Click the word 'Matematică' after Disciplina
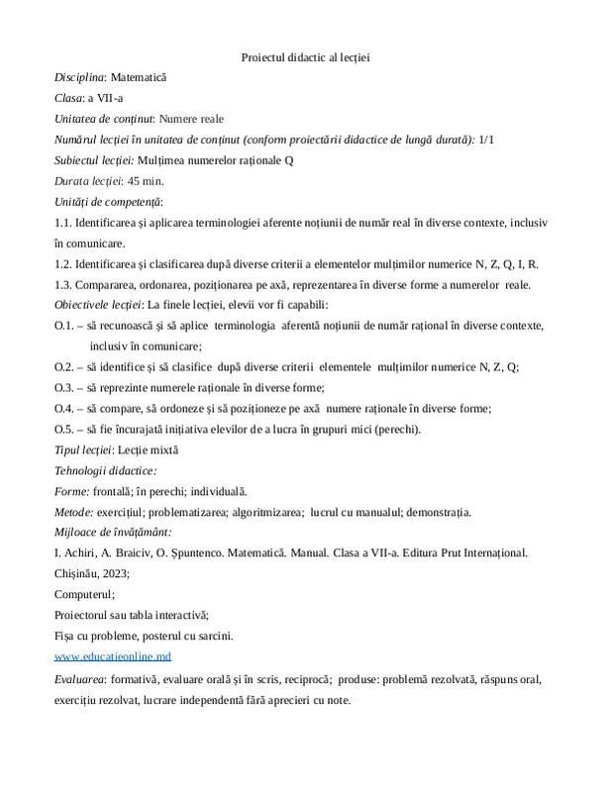[x=139, y=76]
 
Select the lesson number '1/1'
[x=486, y=139]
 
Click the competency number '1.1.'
[x=64, y=223]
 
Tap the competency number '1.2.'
[x=64, y=264]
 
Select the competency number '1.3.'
[x=64, y=285]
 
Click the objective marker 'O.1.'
[x=64, y=326]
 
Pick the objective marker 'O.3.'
[x=64, y=387]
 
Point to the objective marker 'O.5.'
[x=64, y=429]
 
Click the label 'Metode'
[x=74, y=512]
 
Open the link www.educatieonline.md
[x=113, y=657]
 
